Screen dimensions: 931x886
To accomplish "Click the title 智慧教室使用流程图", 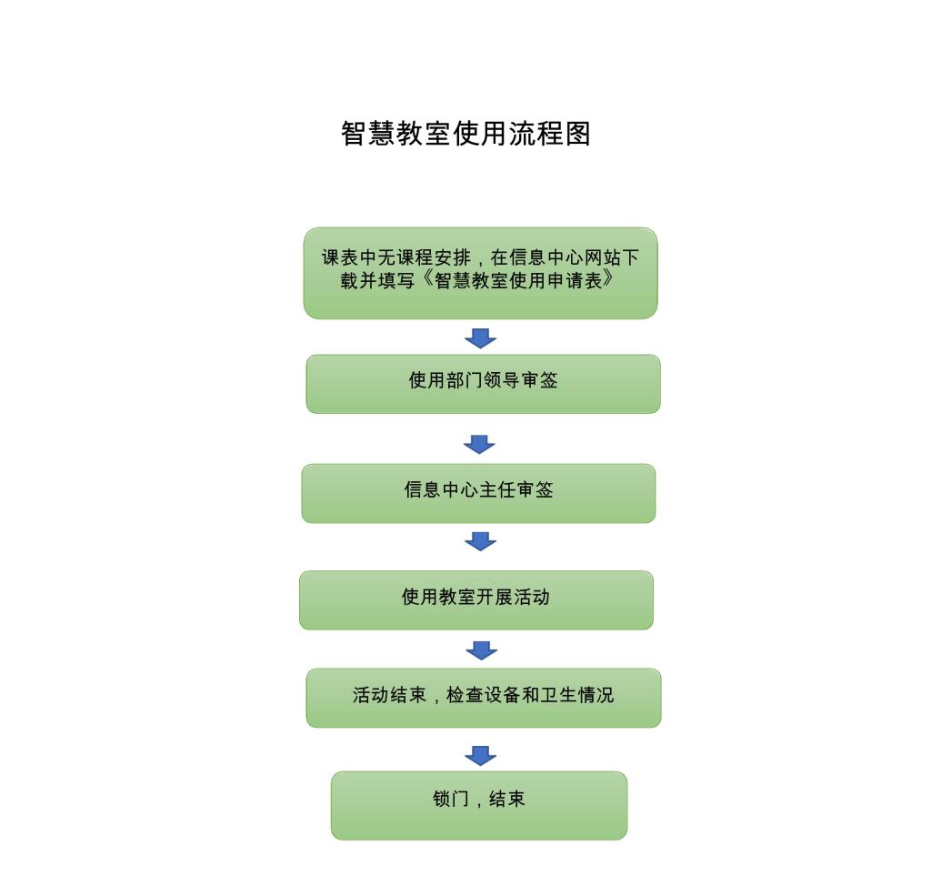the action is pyautogui.click(x=465, y=133).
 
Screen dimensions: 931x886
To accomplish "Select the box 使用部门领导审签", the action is pyautogui.click(x=484, y=384).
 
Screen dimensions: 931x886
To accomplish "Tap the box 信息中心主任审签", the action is pyautogui.click(x=478, y=493).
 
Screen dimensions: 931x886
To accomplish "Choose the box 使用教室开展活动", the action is pyautogui.click(x=476, y=600).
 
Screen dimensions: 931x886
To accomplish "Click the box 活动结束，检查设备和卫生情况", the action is pyautogui.click(x=484, y=698).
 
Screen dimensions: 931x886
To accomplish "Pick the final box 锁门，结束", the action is pyautogui.click(x=479, y=805).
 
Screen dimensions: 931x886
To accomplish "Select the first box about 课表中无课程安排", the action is pyautogui.click(x=480, y=273).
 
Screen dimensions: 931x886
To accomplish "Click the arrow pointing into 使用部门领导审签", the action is pyautogui.click(x=480, y=338).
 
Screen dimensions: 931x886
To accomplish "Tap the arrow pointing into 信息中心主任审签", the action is pyautogui.click(x=479, y=445).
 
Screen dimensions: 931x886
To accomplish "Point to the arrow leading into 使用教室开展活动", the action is pyautogui.click(x=480, y=541).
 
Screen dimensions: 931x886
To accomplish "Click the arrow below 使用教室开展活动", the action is pyautogui.click(x=482, y=650).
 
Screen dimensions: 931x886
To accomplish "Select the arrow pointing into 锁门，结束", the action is pyautogui.click(x=480, y=756).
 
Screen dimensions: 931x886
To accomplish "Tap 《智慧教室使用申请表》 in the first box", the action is pyautogui.click(x=517, y=280).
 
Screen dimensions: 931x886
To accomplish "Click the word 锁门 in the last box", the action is pyautogui.click(x=451, y=799).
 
